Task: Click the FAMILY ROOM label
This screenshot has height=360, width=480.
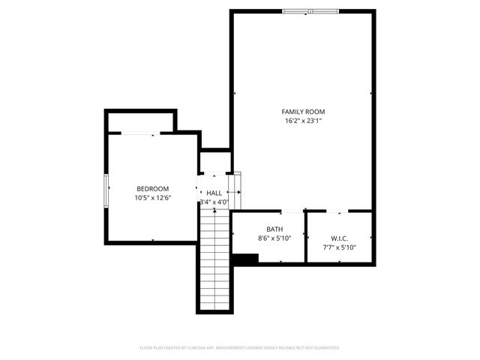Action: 303,112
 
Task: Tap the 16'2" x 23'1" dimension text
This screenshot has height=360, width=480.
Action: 303,121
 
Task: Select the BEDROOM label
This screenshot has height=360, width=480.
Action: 152,189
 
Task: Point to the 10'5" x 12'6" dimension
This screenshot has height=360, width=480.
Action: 152,198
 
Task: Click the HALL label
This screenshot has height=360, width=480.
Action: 214,193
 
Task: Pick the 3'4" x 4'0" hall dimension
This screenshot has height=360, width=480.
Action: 214,202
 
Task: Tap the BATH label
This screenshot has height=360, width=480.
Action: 274,229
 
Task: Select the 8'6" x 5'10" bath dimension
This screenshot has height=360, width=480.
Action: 274,238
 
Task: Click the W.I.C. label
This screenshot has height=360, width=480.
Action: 340,238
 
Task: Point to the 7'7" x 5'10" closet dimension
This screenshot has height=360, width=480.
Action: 340,247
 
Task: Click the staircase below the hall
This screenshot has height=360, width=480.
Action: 215,259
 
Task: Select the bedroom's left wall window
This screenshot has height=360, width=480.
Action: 106,184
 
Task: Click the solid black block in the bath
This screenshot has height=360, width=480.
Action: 245,258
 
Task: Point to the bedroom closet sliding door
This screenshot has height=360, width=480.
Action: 139,133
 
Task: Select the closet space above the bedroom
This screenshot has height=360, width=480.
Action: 141,121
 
